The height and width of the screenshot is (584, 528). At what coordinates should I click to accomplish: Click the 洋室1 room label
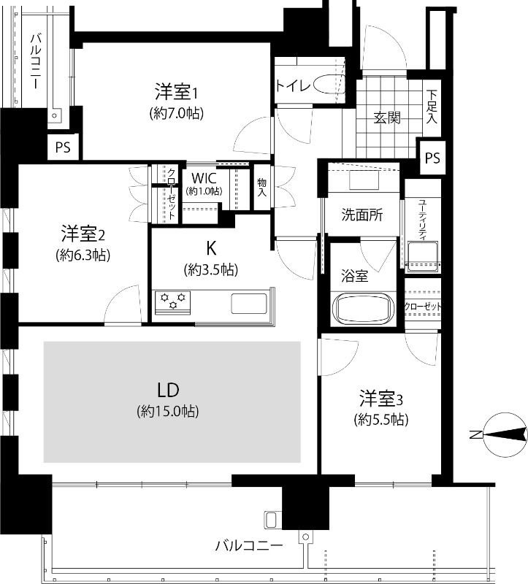tap(176, 92)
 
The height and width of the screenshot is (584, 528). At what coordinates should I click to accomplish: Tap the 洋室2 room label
tap(83, 234)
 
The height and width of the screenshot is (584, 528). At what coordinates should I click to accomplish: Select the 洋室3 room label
tap(380, 399)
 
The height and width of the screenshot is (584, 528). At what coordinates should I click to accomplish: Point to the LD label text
tap(168, 390)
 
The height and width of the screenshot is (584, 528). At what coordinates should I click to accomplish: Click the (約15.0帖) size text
tap(168, 411)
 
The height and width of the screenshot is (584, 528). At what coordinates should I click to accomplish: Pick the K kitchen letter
tap(211, 248)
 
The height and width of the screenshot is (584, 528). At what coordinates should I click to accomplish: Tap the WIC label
tap(204, 178)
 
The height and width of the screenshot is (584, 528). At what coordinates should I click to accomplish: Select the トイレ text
tap(293, 86)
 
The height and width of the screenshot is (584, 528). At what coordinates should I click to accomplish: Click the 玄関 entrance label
tap(387, 118)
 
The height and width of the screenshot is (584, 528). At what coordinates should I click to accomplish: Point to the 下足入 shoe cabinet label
tap(432, 107)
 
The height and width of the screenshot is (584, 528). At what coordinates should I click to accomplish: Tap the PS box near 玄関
tap(432, 158)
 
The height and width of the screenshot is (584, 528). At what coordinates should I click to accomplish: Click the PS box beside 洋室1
tap(63, 147)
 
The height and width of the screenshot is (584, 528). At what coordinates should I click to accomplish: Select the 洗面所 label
tap(361, 215)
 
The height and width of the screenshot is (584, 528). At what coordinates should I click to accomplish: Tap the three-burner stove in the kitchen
tap(173, 301)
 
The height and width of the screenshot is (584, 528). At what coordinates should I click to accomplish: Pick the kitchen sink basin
tap(249, 304)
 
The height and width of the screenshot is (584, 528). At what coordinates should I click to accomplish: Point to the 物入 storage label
tap(262, 188)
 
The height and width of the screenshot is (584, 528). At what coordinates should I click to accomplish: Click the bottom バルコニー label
tap(249, 545)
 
